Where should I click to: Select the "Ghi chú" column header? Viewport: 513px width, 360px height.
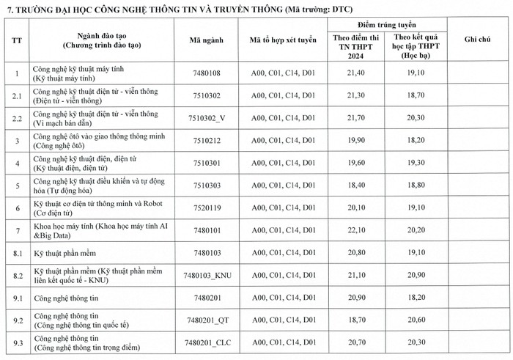pyautogui.click(x=476, y=40)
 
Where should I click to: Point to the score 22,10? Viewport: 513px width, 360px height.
pyautogui.click(x=355, y=230)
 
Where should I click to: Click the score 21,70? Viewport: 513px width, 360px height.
pyautogui.click(x=355, y=117)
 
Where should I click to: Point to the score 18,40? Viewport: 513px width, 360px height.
pyautogui.click(x=355, y=185)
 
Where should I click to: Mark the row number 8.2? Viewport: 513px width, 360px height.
pyautogui.click(x=18, y=275)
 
